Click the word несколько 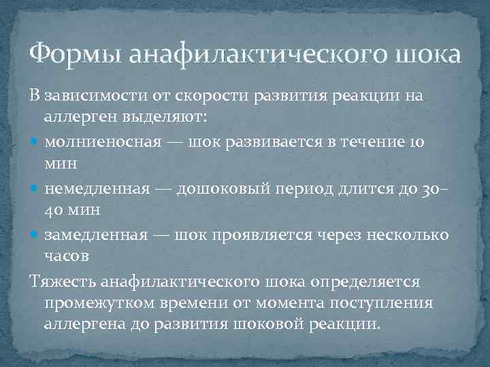[410, 235]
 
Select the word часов [67, 256]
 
